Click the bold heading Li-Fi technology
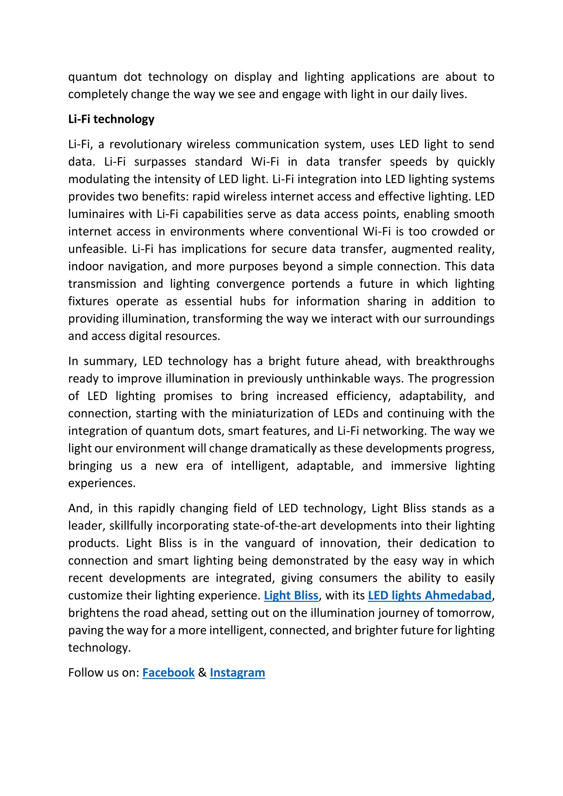(x=111, y=119)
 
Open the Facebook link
(x=169, y=672)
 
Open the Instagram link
(x=237, y=672)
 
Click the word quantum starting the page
(x=92, y=77)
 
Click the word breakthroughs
(x=455, y=361)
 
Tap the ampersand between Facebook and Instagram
(x=202, y=672)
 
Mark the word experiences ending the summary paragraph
(x=101, y=483)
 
